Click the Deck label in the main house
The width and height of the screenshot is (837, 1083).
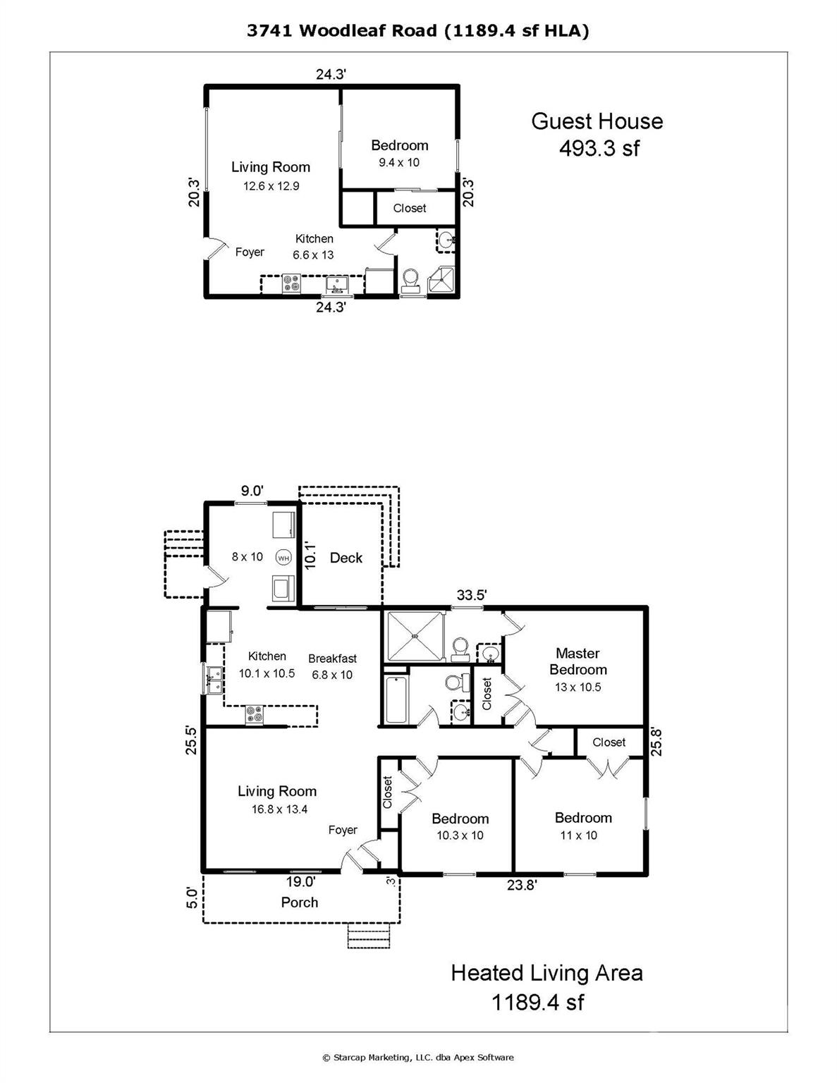coord(346,558)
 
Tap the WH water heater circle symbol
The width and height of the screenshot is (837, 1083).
coord(283,557)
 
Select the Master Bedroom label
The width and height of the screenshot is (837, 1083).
coord(578,661)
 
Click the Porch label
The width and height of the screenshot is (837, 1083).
coord(299,902)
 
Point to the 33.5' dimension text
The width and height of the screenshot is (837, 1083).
coord(471,595)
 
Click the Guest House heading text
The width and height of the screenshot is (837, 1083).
coord(597,121)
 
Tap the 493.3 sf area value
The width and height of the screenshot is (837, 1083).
coord(599,148)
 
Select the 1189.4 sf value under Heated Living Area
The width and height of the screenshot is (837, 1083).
coord(537,1002)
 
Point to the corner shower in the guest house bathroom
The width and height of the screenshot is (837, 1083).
coord(444,281)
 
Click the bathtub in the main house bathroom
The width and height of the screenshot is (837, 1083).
coord(396,700)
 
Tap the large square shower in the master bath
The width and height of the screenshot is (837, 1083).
coord(415,636)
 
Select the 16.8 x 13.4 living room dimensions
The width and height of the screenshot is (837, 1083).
coord(279,809)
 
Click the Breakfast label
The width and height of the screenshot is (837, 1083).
coord(332,659)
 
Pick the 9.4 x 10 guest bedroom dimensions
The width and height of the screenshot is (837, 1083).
coord(399,162)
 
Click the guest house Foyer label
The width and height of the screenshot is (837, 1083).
coord(250,252)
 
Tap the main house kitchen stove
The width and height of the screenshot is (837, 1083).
coord(255,715)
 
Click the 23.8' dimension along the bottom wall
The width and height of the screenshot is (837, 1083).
coord(522,886)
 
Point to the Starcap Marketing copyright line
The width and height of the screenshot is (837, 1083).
coord(418,1057)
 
